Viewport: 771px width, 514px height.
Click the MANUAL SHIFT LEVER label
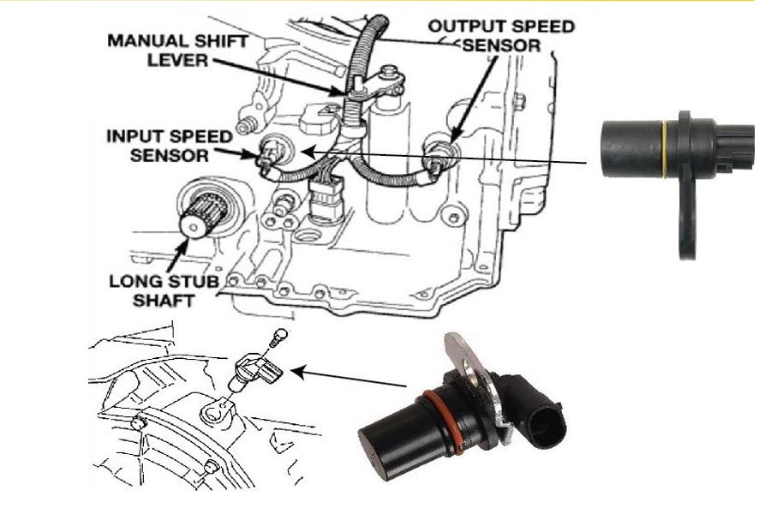(x=177, y=51)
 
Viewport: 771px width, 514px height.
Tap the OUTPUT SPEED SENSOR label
(x=501, y=35)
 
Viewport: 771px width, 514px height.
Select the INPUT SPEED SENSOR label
(x=169, y=146)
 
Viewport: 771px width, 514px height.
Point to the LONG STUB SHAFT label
(x=164, y=290)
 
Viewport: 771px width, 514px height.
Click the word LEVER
(x=178, y=60)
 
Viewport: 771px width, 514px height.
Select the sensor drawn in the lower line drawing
(x=254, y=374)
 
